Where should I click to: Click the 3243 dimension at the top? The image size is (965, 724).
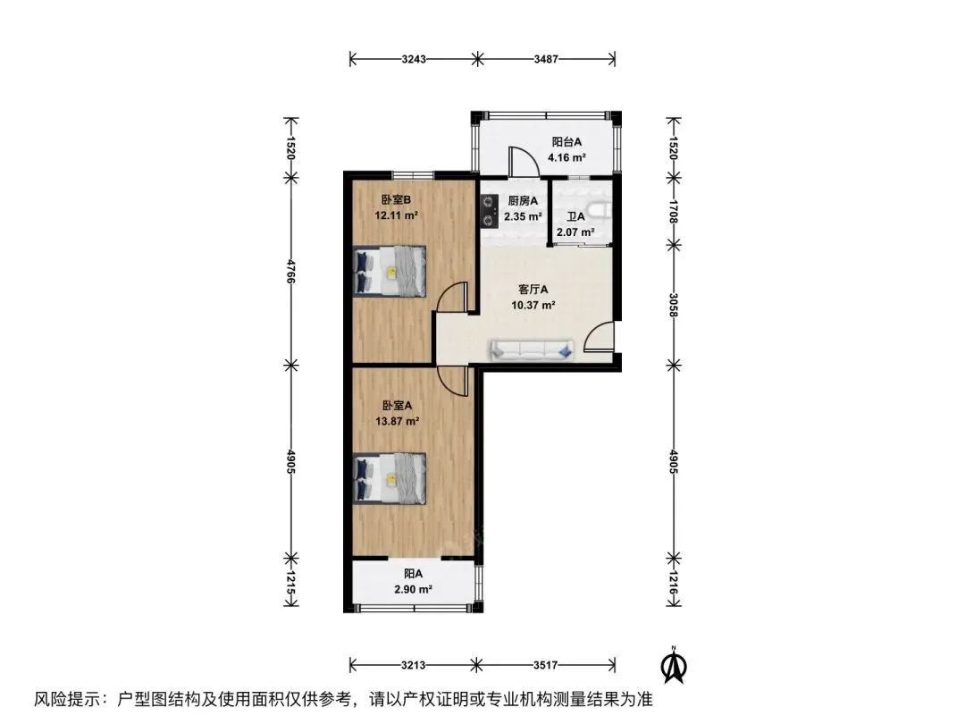pyautogui.click(x=414, y=59)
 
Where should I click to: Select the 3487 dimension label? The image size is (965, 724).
pyautogui.click(x=546, y=59)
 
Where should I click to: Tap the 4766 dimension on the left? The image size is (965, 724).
pyautogui.click(x=291, y=272)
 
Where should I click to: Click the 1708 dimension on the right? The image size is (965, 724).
pyautogui.click(x=674, y=211)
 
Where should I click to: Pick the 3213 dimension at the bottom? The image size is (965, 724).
pyautogui.click(x=413, y=665)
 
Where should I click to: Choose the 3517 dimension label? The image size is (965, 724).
pyautogui.click(x=545, y=665)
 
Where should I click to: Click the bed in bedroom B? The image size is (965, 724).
pyautogui.click(x=390, y=272)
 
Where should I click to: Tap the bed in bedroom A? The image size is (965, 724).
pyautogui.click(x=390, y=478)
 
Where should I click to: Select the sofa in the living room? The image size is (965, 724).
pyautogui.click(x=532, y=350)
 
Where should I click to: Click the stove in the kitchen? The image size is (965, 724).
pyautogui.click(x=490, y=211)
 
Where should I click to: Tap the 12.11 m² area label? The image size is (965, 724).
pyautogui.click(x=397, y=215)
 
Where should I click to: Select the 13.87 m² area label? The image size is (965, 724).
pyautogui.click(x=397, y=421)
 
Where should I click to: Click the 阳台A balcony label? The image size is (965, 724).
pyautogui.click(x=566, y=141)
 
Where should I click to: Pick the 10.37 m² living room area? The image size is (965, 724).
pyautogui.click(x=533, y=304)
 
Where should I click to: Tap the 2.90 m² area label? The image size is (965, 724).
pyautogui.click(x=413, y=589)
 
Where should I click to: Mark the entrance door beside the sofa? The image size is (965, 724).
pyautogui.click(x=598, y=336)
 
